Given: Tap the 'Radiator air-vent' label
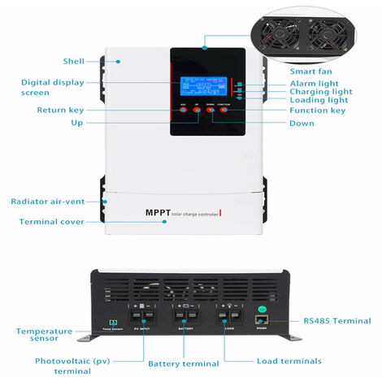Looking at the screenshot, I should click(47, 201).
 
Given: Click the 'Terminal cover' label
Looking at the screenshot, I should click(53, 221).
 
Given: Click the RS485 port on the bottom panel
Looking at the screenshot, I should click(261, 310).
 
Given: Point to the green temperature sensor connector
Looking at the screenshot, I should click(114, 311).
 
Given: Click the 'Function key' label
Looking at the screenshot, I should click(318, 110).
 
